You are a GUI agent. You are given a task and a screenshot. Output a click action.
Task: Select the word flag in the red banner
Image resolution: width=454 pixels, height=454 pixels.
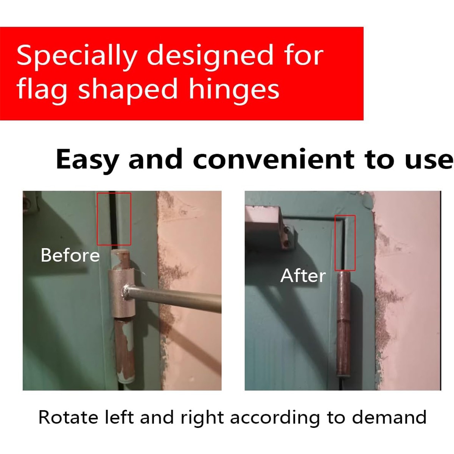tap(42, 90)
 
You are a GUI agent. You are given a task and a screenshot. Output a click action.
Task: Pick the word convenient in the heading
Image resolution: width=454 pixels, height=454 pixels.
tap(274, 160)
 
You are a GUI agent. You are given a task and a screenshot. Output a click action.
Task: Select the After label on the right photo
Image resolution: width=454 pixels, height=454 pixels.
tap(303, 275)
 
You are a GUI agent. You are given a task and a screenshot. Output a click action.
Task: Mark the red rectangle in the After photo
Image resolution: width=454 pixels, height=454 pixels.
tap(345, 243)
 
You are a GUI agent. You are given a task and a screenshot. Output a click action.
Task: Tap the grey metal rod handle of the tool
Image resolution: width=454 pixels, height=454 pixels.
tap(178, 297)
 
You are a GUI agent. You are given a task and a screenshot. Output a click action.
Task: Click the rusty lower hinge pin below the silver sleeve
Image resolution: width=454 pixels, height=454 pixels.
tap(125, 348)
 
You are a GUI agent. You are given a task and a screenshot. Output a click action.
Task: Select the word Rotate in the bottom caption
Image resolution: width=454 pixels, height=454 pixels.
tap(68, 418)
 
